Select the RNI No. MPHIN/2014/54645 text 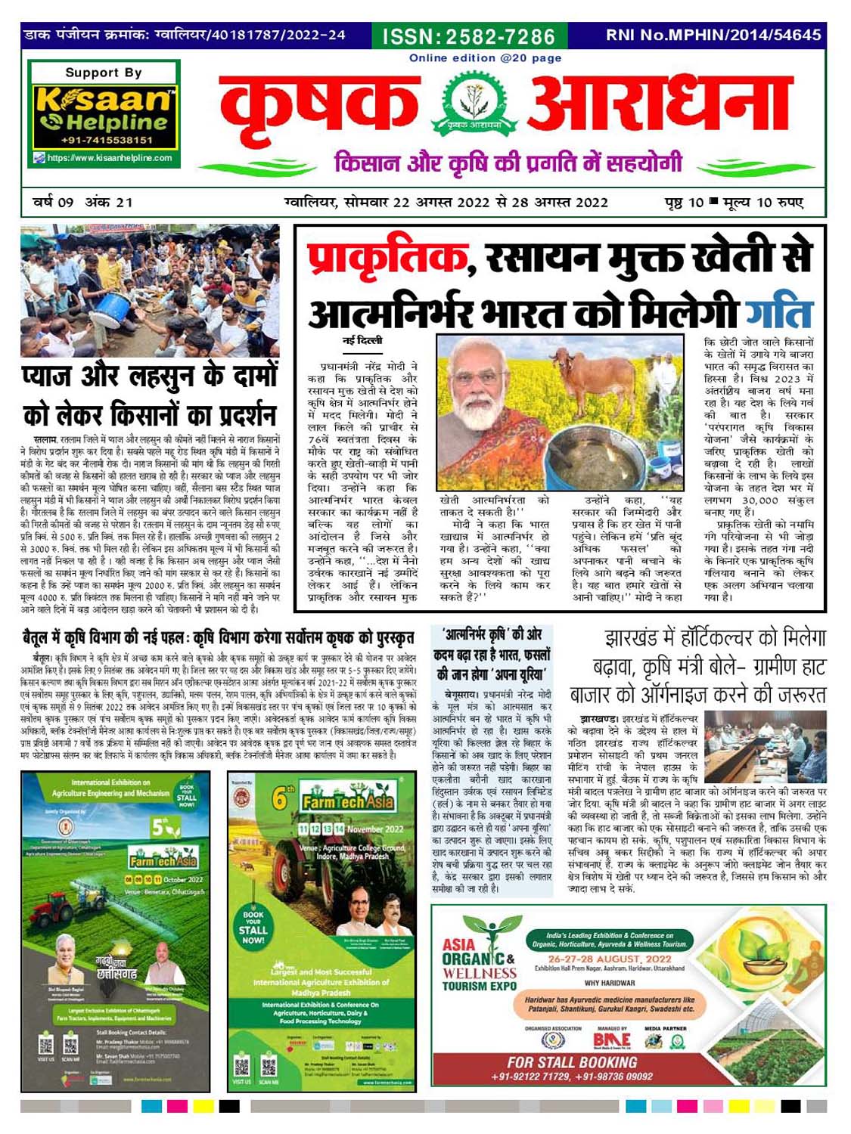pos(713,35)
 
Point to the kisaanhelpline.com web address pos(110,158)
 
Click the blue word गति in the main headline pos(778,310)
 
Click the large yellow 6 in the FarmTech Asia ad pos(280,798)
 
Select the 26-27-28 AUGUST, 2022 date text pos(610,959)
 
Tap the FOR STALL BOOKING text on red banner pos(572,1061)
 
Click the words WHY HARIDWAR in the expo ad pos(609,983)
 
